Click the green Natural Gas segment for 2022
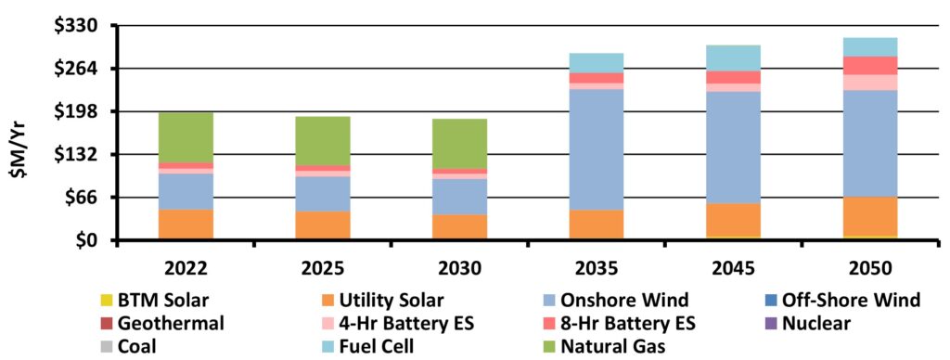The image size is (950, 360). (x=186, y=137)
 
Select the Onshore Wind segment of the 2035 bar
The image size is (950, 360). (x=597, y=149)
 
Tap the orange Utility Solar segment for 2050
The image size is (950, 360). (x=870, y=216)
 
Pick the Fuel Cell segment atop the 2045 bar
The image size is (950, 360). (x=733, y=58)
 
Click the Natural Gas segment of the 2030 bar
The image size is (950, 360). (x=459, y=144)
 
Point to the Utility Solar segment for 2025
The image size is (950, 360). (x=322, y=225)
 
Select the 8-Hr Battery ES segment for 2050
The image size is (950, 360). (x=870, y=66)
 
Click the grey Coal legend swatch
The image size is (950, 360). (x=108, y=347)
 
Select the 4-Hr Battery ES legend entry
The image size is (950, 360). (x=398, y=323)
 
